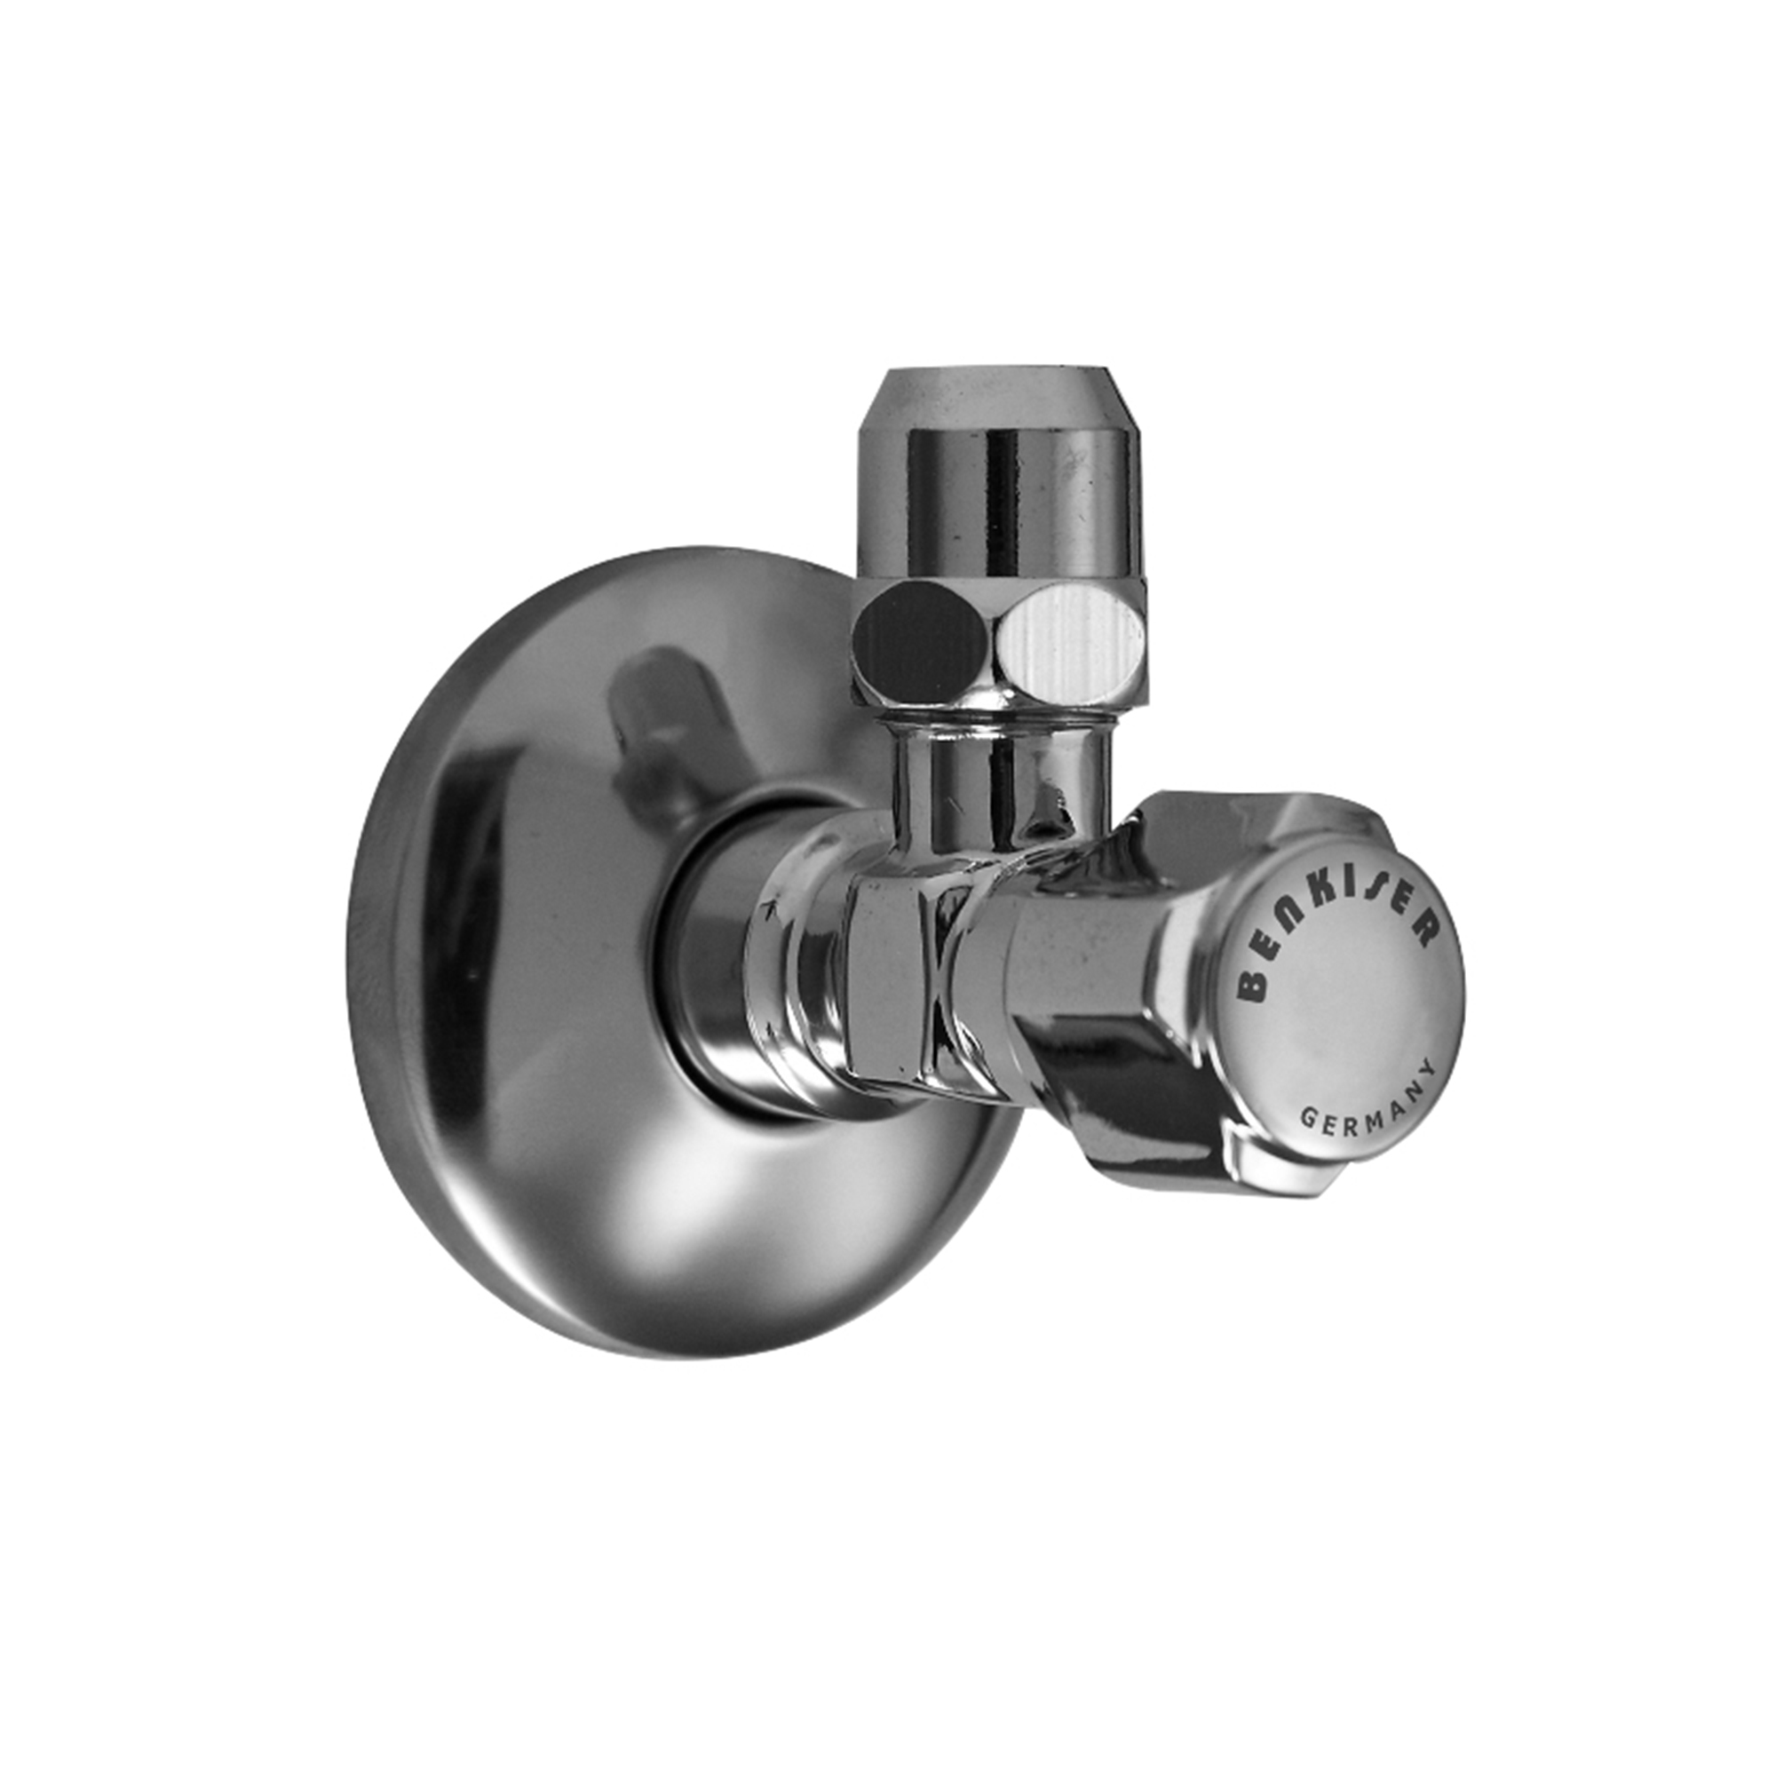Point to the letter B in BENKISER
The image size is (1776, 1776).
1252,985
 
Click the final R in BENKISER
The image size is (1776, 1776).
1423,930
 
